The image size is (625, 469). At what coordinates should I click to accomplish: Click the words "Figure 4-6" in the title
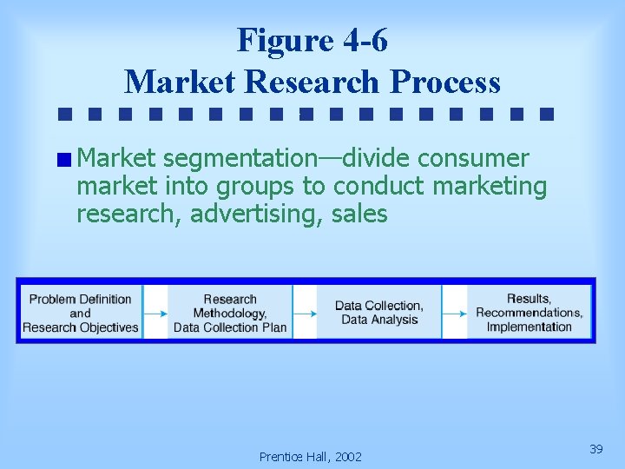312,40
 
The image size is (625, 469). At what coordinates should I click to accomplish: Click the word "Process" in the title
445,82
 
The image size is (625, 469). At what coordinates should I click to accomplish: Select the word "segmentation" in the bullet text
239,158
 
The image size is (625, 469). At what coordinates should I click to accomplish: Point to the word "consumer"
473,158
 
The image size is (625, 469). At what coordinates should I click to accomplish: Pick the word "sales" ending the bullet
359,214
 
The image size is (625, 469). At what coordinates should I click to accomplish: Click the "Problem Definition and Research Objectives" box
81,313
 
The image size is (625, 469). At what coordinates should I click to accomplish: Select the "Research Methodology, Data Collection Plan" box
230,313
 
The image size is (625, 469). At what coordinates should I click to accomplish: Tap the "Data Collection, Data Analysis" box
379,313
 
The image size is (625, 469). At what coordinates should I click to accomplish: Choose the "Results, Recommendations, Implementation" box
529,313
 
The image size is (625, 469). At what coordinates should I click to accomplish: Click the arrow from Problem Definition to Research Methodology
155,313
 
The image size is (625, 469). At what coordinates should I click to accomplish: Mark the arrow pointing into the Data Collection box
305,313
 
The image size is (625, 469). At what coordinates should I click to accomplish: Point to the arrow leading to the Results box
454,313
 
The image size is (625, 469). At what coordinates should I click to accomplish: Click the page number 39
595,449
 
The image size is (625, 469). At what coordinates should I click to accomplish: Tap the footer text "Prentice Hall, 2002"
311,456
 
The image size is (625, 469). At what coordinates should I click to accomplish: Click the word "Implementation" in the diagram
529,327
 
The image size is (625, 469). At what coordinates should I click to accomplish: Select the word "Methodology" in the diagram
230,313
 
